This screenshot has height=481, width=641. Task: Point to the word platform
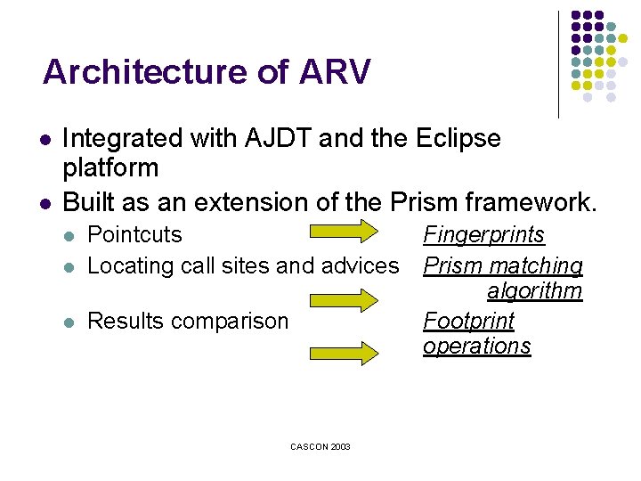pos(110,167)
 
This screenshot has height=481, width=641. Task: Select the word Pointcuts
pos(135,235)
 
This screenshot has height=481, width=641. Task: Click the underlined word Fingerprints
pos(483,235)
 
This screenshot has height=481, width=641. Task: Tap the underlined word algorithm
pos(534,291)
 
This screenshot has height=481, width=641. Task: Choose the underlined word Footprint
pos(468,321)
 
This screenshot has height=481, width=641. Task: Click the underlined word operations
pos(476,346)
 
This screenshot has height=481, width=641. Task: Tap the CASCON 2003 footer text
pos(320,446)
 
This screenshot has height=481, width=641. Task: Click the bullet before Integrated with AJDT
pos(45,141)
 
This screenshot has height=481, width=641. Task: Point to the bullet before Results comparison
pos(70,322)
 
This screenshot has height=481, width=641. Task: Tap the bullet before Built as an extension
pos(45,203)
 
